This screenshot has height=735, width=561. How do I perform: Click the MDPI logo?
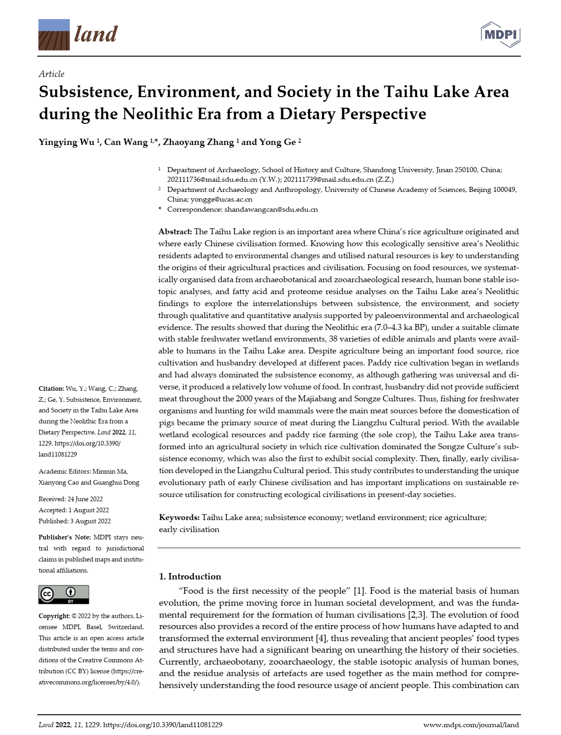point(500,35)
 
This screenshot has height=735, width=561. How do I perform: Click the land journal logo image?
point(54,35)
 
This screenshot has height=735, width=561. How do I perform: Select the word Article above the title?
point(52,74)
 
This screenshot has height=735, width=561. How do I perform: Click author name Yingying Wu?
point(67,142)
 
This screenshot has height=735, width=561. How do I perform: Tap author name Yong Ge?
point(277,142)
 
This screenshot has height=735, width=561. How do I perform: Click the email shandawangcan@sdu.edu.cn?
point(271,209)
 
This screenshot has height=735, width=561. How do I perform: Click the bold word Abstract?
point(175,231)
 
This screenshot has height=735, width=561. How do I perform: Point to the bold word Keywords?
point(179,517)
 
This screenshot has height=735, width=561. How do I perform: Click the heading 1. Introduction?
point(190,576)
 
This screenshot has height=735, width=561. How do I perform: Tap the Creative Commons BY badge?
point(64,594)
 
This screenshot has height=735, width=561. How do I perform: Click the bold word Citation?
point(51,388)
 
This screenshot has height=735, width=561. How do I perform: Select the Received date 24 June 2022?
point(85,499)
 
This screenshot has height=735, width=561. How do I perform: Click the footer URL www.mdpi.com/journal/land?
point(471,725)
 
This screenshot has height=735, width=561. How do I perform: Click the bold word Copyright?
point(54,616)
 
